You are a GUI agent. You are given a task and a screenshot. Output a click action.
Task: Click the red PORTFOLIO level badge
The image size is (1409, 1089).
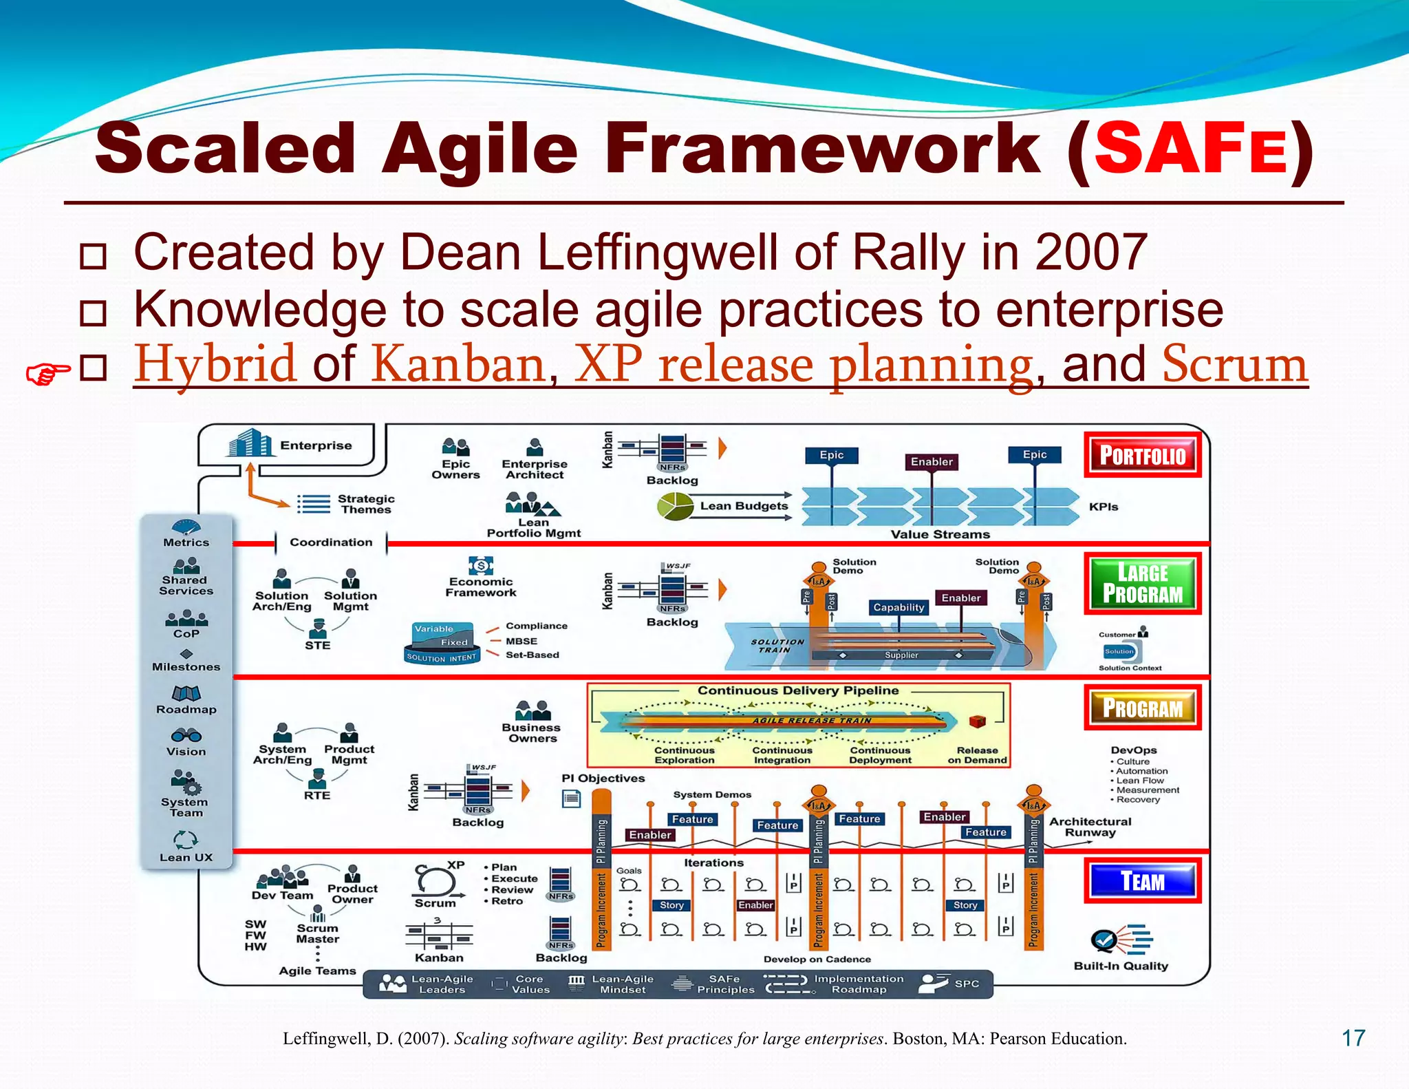click(1142, 455)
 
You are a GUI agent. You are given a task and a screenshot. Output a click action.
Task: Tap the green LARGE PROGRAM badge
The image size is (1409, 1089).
click(1142, 583)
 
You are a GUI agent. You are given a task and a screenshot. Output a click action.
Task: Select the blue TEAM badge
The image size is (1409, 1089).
click(1142, 880)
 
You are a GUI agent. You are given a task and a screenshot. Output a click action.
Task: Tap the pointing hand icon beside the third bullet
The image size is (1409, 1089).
click(47, 374)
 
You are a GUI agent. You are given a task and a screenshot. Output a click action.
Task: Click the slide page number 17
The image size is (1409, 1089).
click(1353, 1038)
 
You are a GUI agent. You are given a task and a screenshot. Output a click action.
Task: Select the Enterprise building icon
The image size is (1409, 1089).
click(248, 443)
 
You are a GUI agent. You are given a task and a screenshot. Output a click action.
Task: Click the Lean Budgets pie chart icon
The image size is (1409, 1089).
click(675, 507)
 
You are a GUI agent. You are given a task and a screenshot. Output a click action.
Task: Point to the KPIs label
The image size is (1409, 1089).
click(1103, 507)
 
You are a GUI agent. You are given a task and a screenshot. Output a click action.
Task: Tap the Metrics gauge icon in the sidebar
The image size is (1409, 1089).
click(186, 527)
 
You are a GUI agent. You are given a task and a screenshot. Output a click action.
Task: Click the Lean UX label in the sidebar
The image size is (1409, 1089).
click(186, 857)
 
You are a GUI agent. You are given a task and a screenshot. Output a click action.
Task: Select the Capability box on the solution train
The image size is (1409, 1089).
click(899, 607)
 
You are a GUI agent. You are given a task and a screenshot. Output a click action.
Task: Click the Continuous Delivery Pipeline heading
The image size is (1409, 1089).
click(798, 690)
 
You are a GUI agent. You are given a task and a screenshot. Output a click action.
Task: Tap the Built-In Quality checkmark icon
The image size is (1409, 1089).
click(1105, 939)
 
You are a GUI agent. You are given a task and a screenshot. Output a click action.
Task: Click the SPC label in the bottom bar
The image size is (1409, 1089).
click(966, 984)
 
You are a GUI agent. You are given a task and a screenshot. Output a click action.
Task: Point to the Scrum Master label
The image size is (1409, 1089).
click(317, 933)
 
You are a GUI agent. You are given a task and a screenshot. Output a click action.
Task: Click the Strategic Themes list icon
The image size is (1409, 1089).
click(314, 504)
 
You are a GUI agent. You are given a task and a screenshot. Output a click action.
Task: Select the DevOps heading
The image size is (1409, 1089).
click(1133, 750)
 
